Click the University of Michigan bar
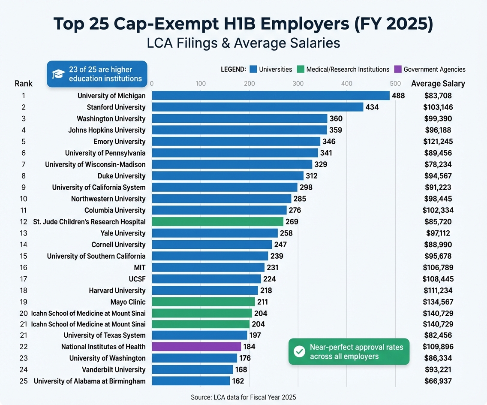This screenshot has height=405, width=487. [x=271, y=96]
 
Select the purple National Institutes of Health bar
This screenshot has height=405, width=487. [x=196, y=347]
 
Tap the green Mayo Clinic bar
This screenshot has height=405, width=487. [x=203, y=302]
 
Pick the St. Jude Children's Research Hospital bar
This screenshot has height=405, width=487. [x=217, y=222]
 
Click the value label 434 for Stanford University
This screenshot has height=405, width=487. [x=372, y=107]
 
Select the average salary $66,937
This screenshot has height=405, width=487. [x=438, y=381]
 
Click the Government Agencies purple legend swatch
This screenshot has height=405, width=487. [x=397, y=69]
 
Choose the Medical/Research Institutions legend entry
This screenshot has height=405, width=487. [x=347, y=69]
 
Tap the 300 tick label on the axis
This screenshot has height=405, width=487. [x=298, y=84]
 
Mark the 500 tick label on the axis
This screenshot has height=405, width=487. [x=395, y=84]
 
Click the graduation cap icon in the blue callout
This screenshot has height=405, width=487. [x=58, y=74]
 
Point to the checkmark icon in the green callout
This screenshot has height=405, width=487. [x=299, y=352]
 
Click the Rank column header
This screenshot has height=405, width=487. [x=24, y=84]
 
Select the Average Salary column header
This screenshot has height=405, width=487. [x=438, y=84]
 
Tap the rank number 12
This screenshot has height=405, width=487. [x=24, y=222]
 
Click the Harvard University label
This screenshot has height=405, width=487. [x=117, y=290]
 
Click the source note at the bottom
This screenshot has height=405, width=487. [x=243, y=397]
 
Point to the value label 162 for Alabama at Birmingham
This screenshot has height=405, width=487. [x=238, y=381]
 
